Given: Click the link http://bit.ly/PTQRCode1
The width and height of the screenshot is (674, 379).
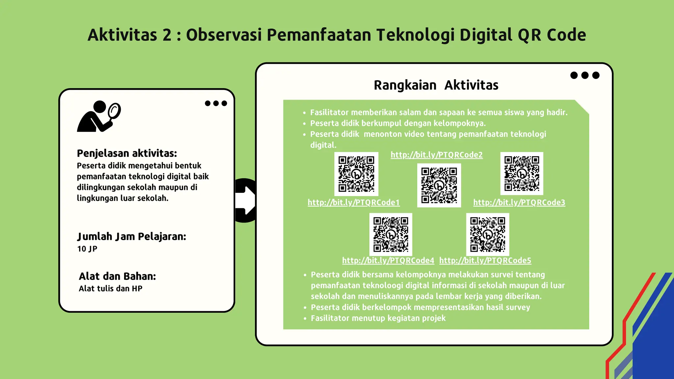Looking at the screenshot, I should click(353, 202).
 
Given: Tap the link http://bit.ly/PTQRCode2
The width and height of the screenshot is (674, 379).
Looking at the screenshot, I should click(436, 155).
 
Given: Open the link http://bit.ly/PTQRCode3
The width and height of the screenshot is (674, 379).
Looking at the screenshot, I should click(519, 202).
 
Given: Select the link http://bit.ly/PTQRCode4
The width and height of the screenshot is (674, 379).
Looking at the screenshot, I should click(388, 261).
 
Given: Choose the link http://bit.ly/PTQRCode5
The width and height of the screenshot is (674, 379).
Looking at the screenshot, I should click(485, 261).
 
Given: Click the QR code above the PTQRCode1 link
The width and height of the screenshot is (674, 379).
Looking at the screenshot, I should click(356, 174).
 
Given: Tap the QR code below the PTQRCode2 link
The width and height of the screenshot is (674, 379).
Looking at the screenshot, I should click(439, 186).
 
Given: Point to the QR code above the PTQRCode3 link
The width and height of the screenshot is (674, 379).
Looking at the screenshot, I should click(522, 173).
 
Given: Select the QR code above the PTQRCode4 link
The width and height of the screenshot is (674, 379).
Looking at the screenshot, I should click(391, 234).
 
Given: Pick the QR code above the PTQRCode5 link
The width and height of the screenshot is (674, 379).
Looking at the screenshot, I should click(487, 234).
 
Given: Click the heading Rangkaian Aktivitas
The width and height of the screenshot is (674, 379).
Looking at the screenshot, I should click(436, 85).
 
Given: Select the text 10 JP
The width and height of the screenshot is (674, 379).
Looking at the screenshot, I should click(87, 249).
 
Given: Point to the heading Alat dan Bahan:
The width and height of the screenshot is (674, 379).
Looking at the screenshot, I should click(117, 276).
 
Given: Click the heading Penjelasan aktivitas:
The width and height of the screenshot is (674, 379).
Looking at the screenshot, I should click(127, 153).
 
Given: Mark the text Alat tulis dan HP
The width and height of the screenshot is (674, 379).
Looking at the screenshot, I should click(111, 289).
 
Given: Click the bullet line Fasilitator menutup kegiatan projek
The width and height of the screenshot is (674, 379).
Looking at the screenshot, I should click(378, 318).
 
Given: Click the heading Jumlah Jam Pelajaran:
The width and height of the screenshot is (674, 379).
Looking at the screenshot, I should click(132, 237).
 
